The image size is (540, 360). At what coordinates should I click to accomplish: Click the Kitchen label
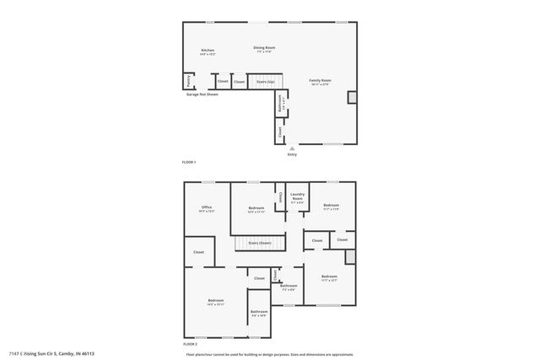pyautogui.click(x=208, y=51)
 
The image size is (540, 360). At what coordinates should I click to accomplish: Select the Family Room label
pyautogui.click(x=320, y=81)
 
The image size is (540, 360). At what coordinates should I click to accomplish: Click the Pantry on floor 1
pyautogui.click(x=186, y=82)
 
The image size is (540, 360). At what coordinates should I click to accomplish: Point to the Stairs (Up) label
pyautogui.click(x=266, y=82)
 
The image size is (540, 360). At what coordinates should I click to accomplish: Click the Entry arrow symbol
pyautogui.click(x=292, y=148)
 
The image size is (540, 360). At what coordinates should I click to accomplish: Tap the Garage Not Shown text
pyautogui.click(x=202, y=94)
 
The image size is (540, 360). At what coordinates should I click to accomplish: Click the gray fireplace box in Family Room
pyautogui.click(x=352, y=97)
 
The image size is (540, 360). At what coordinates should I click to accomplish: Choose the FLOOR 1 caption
pyautogui.click(x=189, y=162)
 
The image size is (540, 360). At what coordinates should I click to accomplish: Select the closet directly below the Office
pyautogui.click(x=198, y=252)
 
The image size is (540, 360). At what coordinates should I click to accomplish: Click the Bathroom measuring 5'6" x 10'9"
pyautogui.click(x=258, y=313)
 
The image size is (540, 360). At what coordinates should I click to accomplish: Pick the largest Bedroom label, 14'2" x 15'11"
pyautogui.click(x=216, y=302)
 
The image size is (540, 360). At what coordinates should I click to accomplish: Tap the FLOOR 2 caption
pyautogui.click(x=190, y=345)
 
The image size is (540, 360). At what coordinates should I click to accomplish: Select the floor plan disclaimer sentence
pyautogui.click(x=269, y=353)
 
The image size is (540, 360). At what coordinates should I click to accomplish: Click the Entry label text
pyautogui.click(x=292, y=154)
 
